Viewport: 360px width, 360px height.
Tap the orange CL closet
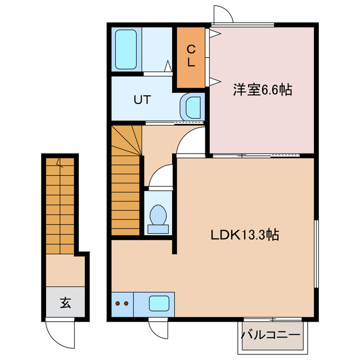[x=191, y=56]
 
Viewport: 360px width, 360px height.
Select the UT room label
[x=142, y=101]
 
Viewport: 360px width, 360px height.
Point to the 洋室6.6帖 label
[x=263, y=89]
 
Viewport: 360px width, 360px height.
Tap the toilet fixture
[x=157, y=217]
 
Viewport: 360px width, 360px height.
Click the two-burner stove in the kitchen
[x=123, y=304]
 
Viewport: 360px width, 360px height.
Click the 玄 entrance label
[x=65, y=304]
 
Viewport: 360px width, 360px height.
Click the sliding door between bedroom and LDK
[x=262, y=154]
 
